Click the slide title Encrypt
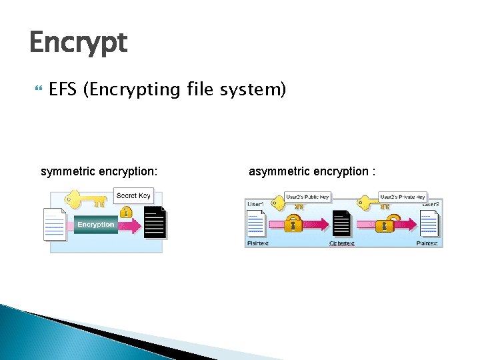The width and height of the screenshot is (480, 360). coord(78,43)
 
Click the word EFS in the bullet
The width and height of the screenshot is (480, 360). coord(63,89)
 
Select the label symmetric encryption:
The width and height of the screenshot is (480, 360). coord(99,172)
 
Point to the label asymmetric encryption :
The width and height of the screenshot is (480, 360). coord(312,172)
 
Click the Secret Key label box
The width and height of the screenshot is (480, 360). coord(134,195)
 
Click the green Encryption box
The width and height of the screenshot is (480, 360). coord(95,225)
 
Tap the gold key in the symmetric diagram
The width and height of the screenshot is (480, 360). coord(85,199)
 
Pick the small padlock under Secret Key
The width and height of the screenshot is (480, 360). coord(125,212)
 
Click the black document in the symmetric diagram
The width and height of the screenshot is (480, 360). coord(155,223)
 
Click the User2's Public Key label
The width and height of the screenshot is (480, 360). coord(307,197)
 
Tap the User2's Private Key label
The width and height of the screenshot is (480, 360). coord(402,197)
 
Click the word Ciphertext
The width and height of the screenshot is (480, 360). coord(341,244)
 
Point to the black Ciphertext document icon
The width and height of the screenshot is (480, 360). coord(341,224)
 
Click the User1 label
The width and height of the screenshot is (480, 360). coord(256,203)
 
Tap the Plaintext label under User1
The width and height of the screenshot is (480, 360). coord(257,244)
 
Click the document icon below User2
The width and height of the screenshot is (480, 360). coord(429,223)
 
